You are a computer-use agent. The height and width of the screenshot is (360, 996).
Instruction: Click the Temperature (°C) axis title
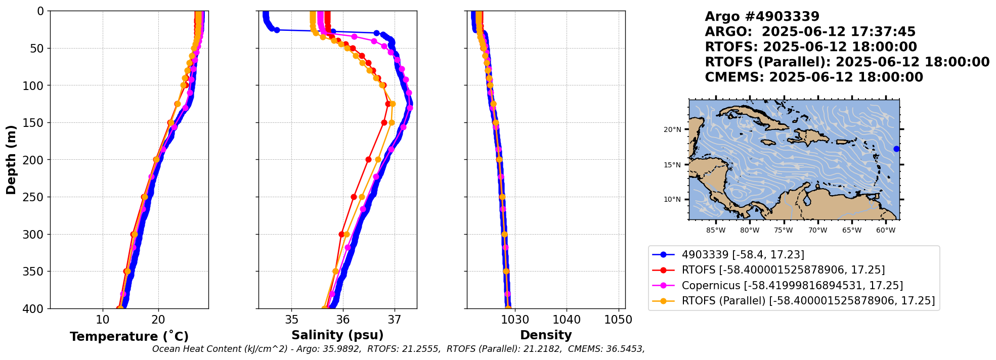(x=129, y=336)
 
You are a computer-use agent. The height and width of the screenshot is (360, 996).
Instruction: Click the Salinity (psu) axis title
(x=337, y=335)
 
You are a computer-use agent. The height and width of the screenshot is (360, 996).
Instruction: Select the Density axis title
(x=546, y=335)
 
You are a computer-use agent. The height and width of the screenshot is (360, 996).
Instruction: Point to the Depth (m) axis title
(x=11, y=160)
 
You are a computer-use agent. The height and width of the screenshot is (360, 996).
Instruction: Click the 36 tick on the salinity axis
(x=343, y=320)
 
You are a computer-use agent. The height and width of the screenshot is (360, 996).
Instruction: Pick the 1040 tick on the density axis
(x=567, y=320)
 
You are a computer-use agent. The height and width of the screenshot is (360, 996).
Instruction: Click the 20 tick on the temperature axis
(x=158, y=320)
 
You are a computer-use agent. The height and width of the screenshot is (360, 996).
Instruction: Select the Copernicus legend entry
(x=792, y=286)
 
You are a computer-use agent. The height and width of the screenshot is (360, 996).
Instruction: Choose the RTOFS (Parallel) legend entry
(x=808, y=301)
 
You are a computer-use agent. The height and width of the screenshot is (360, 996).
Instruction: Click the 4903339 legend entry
(x=743, y=255)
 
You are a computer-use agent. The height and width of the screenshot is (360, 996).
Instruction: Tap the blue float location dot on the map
(x=896, y=149)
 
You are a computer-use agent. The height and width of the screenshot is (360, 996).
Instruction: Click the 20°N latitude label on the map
(x=672, y=129)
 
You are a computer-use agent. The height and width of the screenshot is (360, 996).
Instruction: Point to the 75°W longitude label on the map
(x=784, y=231)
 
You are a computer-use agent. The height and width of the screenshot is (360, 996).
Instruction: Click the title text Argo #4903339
(x=762, y=17)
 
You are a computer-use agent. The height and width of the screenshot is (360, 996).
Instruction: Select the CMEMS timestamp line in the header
(x=813, y=77)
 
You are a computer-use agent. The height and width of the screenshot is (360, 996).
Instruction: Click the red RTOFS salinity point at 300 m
(x=341, y=234)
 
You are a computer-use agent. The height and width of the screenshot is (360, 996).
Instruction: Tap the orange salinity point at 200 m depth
(x=378, y=160)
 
